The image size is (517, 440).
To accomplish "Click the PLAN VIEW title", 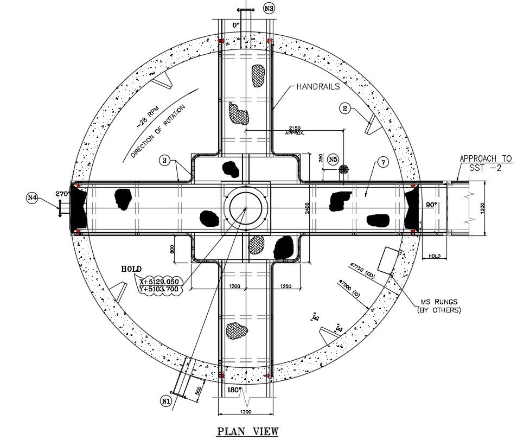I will tap(247, 431).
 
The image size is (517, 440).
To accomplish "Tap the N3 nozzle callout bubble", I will tap(269, 8).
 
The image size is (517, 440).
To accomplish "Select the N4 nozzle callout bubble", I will tap(32, 199).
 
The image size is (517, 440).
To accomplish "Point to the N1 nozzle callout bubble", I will tap(166, 401).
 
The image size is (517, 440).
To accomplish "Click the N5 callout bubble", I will tap(333, 160).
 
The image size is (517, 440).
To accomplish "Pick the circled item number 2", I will tap(344, 108).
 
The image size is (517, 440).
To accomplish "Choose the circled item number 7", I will tap(383, 162).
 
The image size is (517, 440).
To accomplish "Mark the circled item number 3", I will tap(165, 160).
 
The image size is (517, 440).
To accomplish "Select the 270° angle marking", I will tap(63, 193).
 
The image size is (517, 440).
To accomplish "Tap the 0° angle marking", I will tap(235, 25).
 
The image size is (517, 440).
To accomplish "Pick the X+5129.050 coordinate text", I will tap(162, 282).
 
